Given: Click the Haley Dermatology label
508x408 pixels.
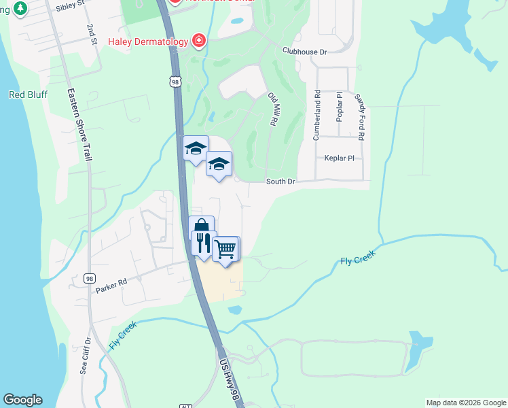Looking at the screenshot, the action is click(147, 41).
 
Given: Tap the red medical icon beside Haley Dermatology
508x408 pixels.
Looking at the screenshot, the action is click(199, 41).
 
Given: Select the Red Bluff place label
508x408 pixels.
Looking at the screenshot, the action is click(28, 95).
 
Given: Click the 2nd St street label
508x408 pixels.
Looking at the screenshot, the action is click(91, 36).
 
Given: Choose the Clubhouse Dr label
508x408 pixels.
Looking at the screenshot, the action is click(305, 52).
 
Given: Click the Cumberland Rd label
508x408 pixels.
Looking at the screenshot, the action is click(316, 116).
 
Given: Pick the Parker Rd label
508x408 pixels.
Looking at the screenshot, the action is click(111, 284).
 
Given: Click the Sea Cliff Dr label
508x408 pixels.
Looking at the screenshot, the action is click(85, 356).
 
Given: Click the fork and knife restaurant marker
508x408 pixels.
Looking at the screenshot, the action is click(203, 243).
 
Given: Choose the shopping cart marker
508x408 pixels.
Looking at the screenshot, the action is click(225, 249).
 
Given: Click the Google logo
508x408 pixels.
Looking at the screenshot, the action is click(22, 400).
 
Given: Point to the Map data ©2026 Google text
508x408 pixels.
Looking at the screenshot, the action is click(465, 403).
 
